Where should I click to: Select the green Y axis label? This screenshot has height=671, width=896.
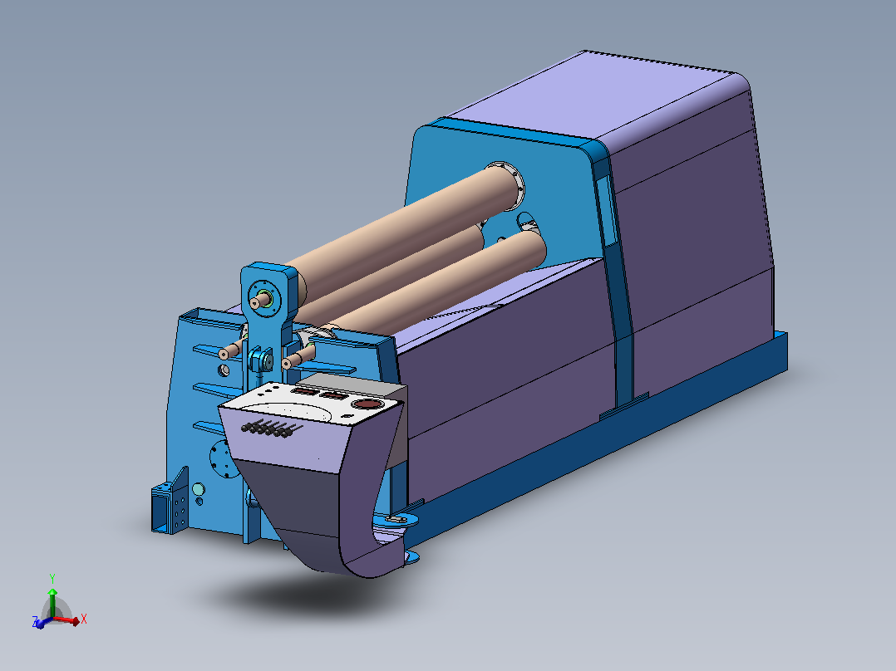coord(52,578)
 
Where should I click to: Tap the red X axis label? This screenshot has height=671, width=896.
coord(84,619)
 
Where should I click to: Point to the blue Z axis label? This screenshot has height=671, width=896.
coord(36,621)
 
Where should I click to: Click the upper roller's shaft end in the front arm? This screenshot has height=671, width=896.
coord(261,301)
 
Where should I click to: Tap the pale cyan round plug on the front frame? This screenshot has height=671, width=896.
coord(199,489)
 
